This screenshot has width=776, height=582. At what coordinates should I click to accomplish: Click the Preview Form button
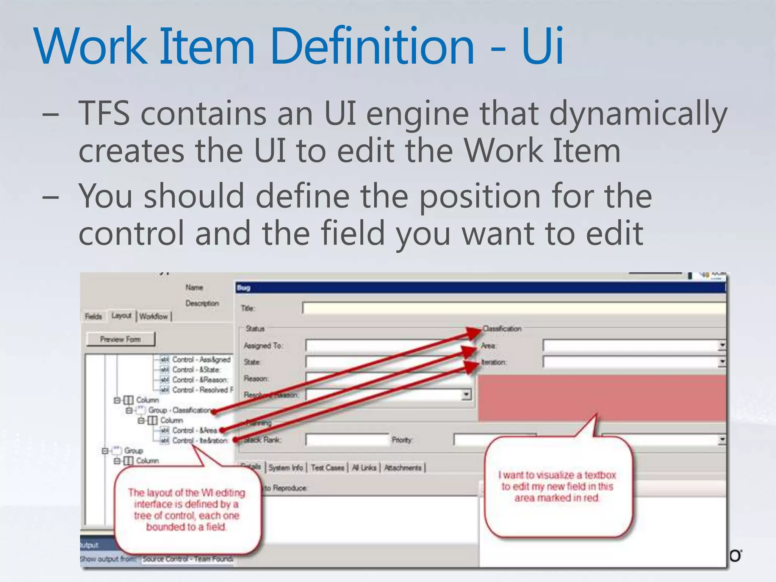tap(120, 339)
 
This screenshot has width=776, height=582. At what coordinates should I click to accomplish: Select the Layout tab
tap(121, 316)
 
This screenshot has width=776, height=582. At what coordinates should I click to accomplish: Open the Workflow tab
tap(154, 316)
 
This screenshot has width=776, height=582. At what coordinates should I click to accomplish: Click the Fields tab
tap(93, 316)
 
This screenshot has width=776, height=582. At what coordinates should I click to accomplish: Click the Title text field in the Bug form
tap(512, 308)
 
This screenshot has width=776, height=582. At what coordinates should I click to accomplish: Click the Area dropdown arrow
tap(722, 345)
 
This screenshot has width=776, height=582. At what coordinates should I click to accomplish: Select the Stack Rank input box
tap(347, 440)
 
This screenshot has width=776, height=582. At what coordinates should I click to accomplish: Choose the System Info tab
tap(286, 468)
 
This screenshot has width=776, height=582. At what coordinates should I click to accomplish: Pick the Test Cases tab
tap(327, 468)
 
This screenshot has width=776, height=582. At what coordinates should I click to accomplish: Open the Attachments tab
tap(403, 468)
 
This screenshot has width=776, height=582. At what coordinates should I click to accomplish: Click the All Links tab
tap(364, 468)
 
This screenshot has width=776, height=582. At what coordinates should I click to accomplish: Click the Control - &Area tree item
tap(194, 430)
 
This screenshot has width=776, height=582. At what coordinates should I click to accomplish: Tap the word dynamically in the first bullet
tap(638, 114)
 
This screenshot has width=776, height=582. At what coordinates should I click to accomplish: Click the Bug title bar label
tap(244, 288)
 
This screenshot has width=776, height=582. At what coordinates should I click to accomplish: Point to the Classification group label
tap(502, 329)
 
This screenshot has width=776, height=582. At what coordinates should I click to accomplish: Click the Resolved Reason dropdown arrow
tap(466, 395)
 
